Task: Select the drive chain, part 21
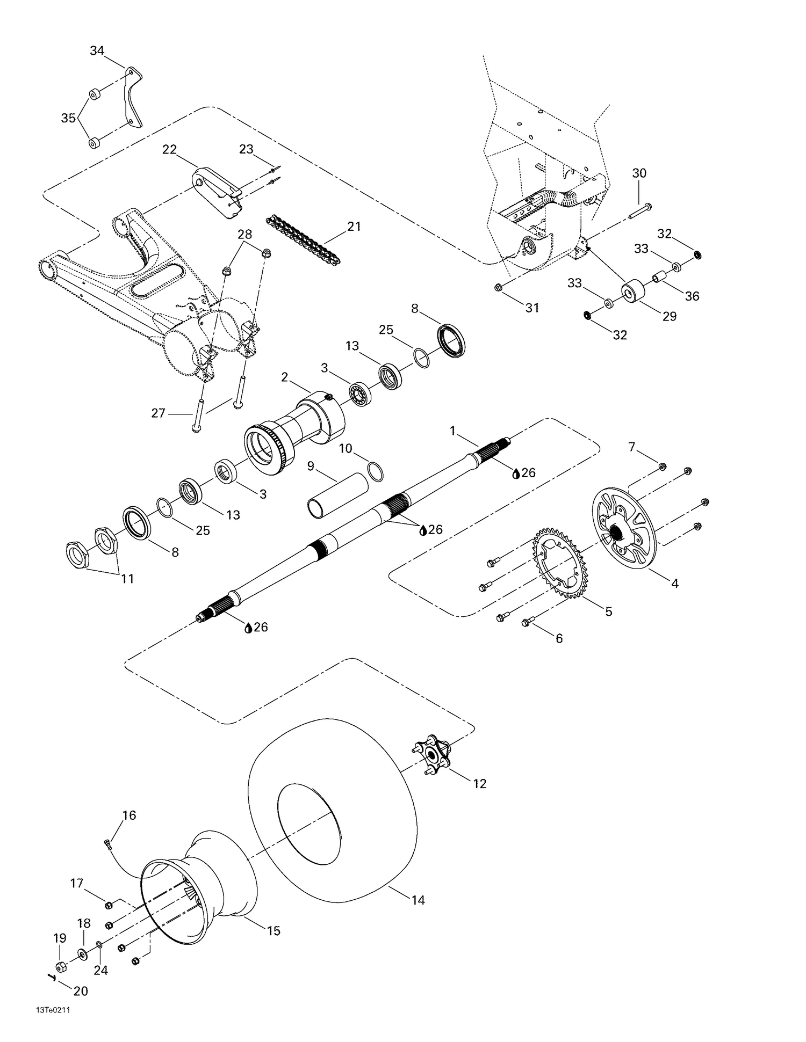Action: pyautogui.click(x=298, y=237)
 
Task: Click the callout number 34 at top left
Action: pyautogui.click(x=97, y=51)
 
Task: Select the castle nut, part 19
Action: pyautogui.click(x=61, y=967)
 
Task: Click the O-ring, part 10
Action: pyautogui.click(x=376, y=470)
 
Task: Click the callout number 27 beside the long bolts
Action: pyautogui.click(x=158, y=413)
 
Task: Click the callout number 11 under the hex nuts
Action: pyautogui.click(x=127, y=579)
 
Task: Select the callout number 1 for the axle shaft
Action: pyautogui.click(x=452, y=430)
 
